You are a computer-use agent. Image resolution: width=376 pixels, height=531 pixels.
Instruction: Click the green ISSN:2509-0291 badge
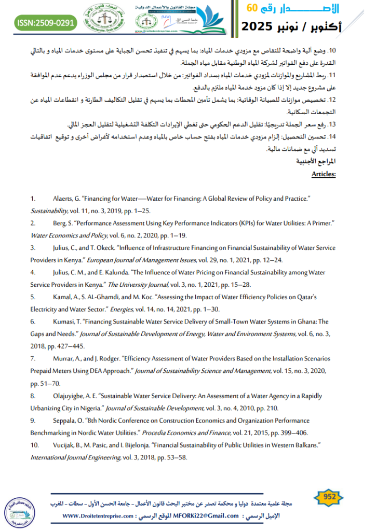pos(46,22)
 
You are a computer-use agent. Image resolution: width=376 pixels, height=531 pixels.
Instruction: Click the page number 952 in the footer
pos(328,497)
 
